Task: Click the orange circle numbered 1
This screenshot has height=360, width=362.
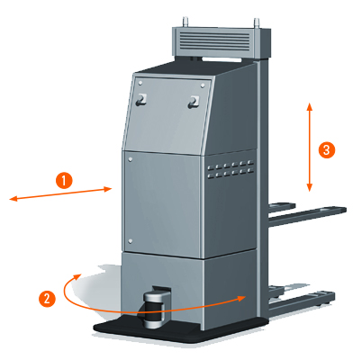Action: click(x=64, y=180)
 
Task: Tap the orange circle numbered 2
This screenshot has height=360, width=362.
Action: click(x=47, y=299)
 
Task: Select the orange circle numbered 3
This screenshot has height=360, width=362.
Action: click(x=327, y=149)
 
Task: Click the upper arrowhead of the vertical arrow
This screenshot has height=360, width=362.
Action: click(x=310, y=107)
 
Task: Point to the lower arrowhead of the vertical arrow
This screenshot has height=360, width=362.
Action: click(x=310, y=187)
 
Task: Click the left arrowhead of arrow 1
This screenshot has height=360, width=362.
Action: click(x=14, y=198)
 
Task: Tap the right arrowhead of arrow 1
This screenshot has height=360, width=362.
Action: click(x=107, y=189)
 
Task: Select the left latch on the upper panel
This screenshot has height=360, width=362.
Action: click(x=141, y=99)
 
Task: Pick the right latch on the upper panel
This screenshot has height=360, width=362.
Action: click(x=194, y=102)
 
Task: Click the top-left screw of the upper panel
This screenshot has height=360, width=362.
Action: click(x=140, y=84)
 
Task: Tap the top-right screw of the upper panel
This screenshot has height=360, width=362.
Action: click(x=203, y=85)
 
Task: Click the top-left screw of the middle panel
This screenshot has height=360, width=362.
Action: click(x=131, y=160)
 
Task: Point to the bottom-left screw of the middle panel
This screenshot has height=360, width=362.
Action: click(x=130, y=241)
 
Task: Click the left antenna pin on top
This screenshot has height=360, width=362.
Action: click(x=186, y=22)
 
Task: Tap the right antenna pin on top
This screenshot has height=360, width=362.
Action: click(x=257, y=23)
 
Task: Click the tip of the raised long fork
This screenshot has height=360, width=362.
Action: click(x=345, y=209)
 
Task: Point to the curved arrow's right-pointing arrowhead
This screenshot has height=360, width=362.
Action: click(x=242, y=298)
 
